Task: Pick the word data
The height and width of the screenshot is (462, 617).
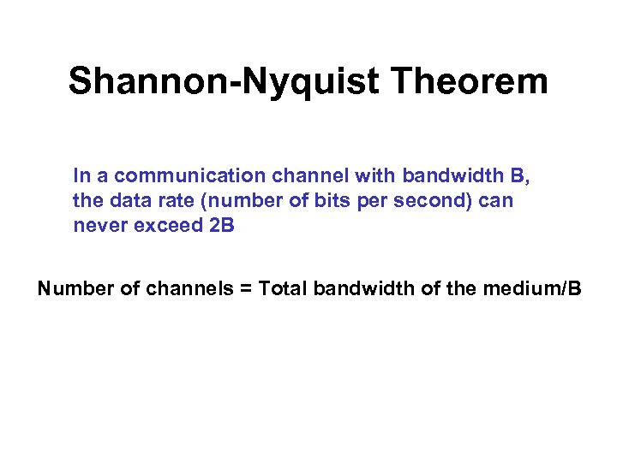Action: [x=121, y=202]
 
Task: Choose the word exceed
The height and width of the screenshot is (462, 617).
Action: [x=158, y=228]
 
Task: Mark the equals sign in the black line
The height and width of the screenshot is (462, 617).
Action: [x=244, y=289]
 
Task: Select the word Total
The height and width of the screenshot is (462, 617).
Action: [x=283, y=289]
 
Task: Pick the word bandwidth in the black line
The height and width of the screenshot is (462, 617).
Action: [x=364, y=289]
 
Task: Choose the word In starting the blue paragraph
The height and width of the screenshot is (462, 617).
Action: [x=82, y=176]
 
